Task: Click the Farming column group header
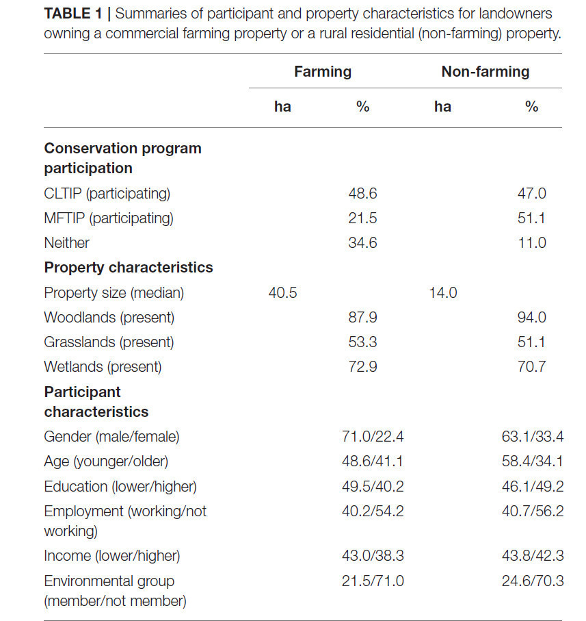pos(323,72)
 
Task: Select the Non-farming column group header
pos(485,72)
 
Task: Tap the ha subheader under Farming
pos(282,107)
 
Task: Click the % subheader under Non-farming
pos(531,107)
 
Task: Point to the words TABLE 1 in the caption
pos(73,14)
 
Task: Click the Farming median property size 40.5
pos(282,292)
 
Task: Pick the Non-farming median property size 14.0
pos(443,292)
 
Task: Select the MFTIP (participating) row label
pos(109,218)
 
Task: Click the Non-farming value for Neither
pos(532,242)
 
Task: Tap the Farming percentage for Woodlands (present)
pos(362,317)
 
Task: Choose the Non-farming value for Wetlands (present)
pos(532,367)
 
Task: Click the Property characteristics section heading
pos(129,268)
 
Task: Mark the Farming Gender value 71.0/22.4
pos(373,436)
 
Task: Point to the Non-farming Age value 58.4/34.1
pos(532,461)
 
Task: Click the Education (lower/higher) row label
pos(120,487)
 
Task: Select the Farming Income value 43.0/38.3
pos(373,556)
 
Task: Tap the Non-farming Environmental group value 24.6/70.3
pos(532,581)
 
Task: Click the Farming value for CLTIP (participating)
pos(362,193)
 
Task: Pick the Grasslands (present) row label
pos(109,342)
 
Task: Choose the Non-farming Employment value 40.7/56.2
pos(532,511)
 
